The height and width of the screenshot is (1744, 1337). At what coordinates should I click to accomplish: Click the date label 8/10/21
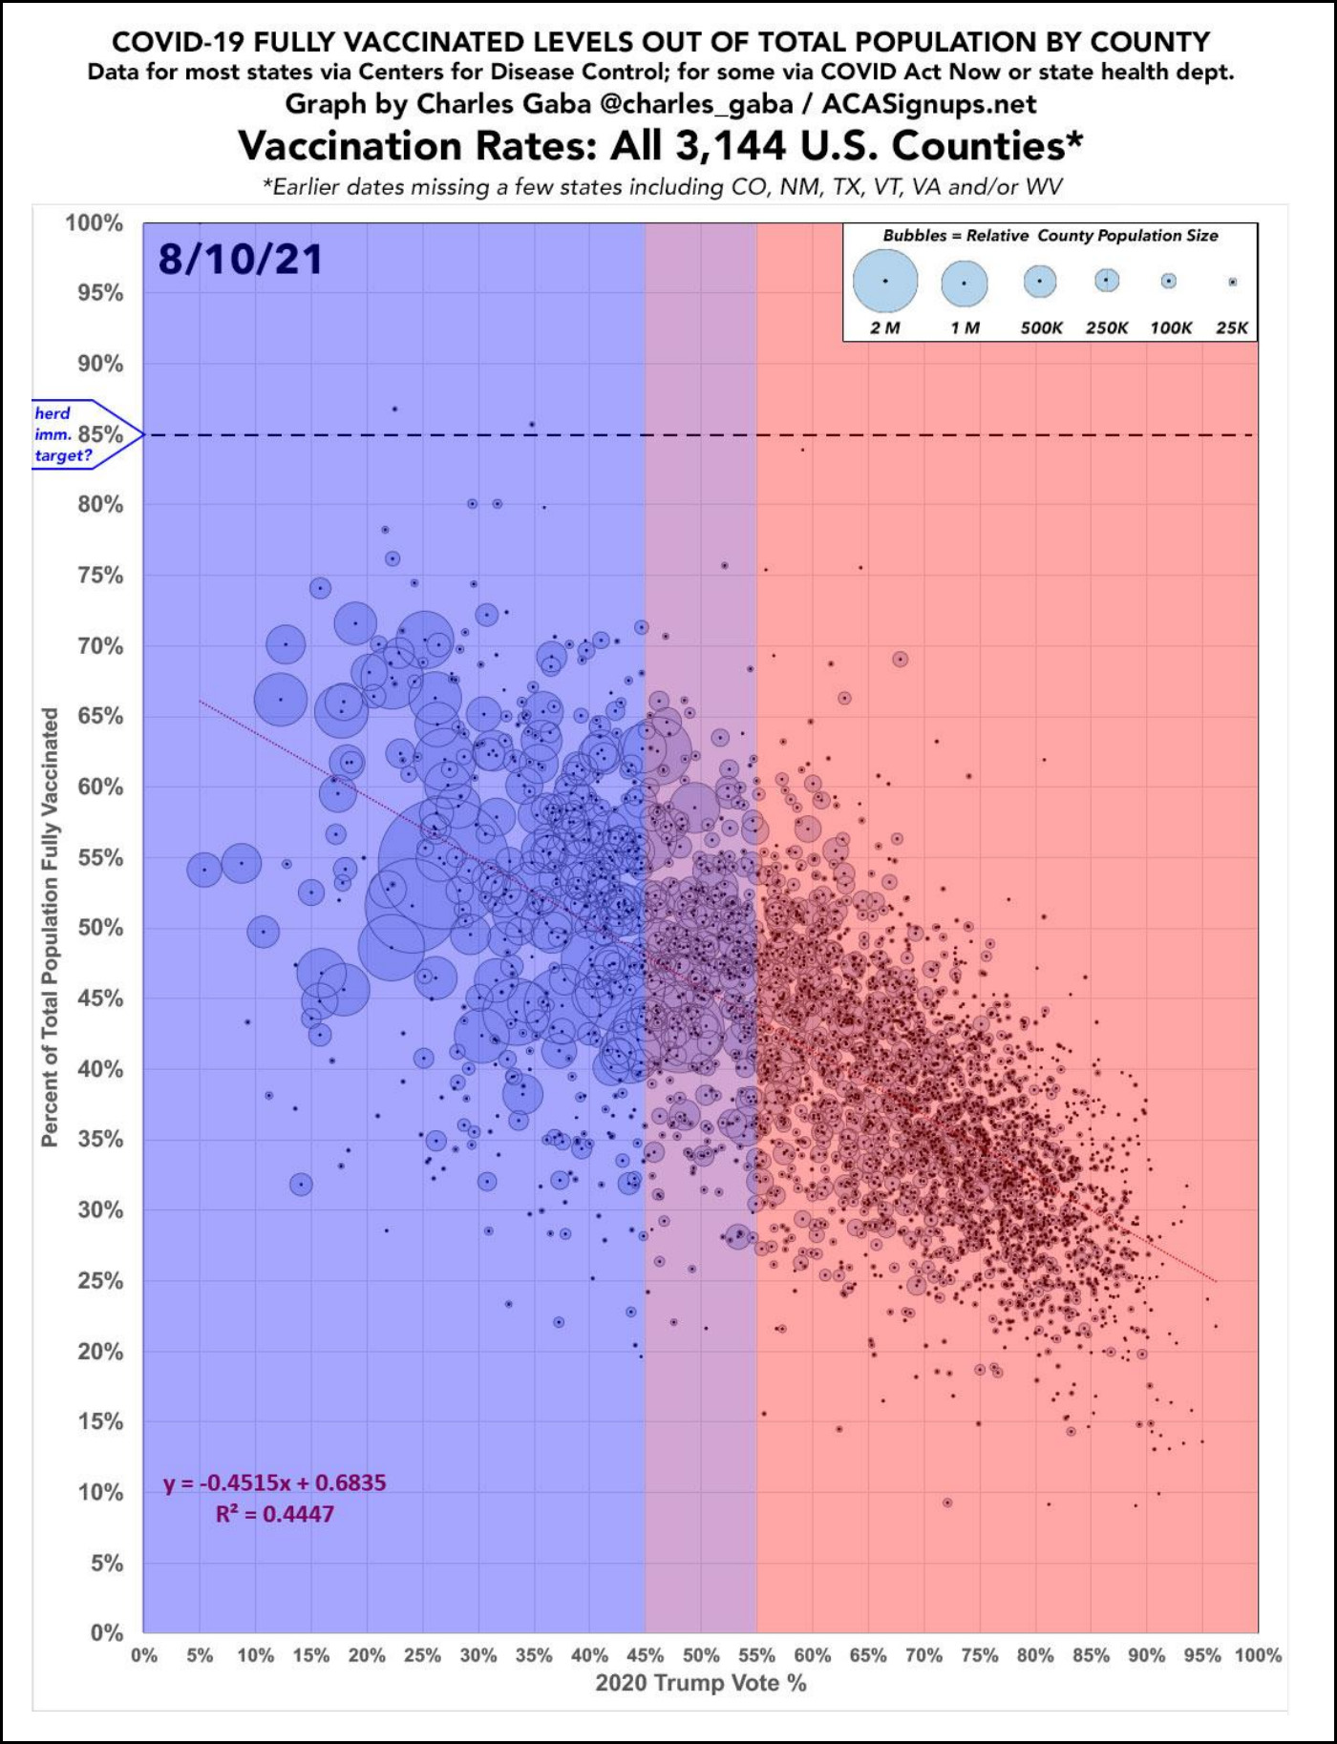241,260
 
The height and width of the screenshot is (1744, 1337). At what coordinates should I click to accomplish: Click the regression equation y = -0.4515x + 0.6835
275,1482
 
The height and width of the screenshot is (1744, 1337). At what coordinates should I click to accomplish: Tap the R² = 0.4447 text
275,1514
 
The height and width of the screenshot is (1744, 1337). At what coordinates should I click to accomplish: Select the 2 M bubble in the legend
885,281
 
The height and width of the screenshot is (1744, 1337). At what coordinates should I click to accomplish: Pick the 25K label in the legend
1232,328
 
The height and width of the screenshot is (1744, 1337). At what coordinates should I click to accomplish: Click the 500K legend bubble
1040,281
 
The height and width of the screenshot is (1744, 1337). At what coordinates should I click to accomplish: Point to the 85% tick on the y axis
101,434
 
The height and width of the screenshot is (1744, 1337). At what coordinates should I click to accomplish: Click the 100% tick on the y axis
95,223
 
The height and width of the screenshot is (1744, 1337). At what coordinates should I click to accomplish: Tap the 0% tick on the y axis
107,1633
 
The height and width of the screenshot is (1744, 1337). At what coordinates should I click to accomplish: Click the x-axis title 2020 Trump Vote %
700,1684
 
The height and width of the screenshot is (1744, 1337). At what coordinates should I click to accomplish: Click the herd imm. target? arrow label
63,434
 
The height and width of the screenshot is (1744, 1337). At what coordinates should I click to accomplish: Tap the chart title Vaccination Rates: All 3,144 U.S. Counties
660,146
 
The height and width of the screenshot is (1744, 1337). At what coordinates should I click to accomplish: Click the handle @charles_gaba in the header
706,103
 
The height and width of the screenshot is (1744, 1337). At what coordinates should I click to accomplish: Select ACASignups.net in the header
928,103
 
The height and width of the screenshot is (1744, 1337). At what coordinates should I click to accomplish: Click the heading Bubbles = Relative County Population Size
1050,236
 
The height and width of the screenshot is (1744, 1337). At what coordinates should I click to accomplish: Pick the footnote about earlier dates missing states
662,187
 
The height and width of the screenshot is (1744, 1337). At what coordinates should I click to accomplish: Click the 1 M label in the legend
965,328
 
